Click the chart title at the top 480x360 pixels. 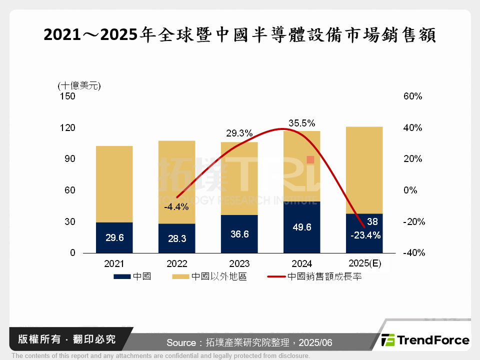(240, 35)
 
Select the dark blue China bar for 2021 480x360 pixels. (114, 237)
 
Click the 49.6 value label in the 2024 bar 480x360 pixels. (301, 227)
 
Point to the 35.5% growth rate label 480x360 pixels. (301, 123)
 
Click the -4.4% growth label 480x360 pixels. (176, 206)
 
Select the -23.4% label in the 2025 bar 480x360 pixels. (366, 234)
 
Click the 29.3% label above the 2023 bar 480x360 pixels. (239, 133)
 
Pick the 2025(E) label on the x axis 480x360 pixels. (364, 263)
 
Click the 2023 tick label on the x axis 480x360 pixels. (239, 263)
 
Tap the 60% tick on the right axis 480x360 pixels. (412, 96)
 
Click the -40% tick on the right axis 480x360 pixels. (413, 253)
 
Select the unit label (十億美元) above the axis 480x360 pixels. (79, 85)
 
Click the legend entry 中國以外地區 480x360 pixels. (209, 276)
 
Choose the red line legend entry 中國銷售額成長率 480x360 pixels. (314, 276)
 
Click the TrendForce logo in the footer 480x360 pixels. (425, 340)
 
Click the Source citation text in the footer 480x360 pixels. (249, 342)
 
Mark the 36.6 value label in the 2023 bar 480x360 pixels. (239, 234)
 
